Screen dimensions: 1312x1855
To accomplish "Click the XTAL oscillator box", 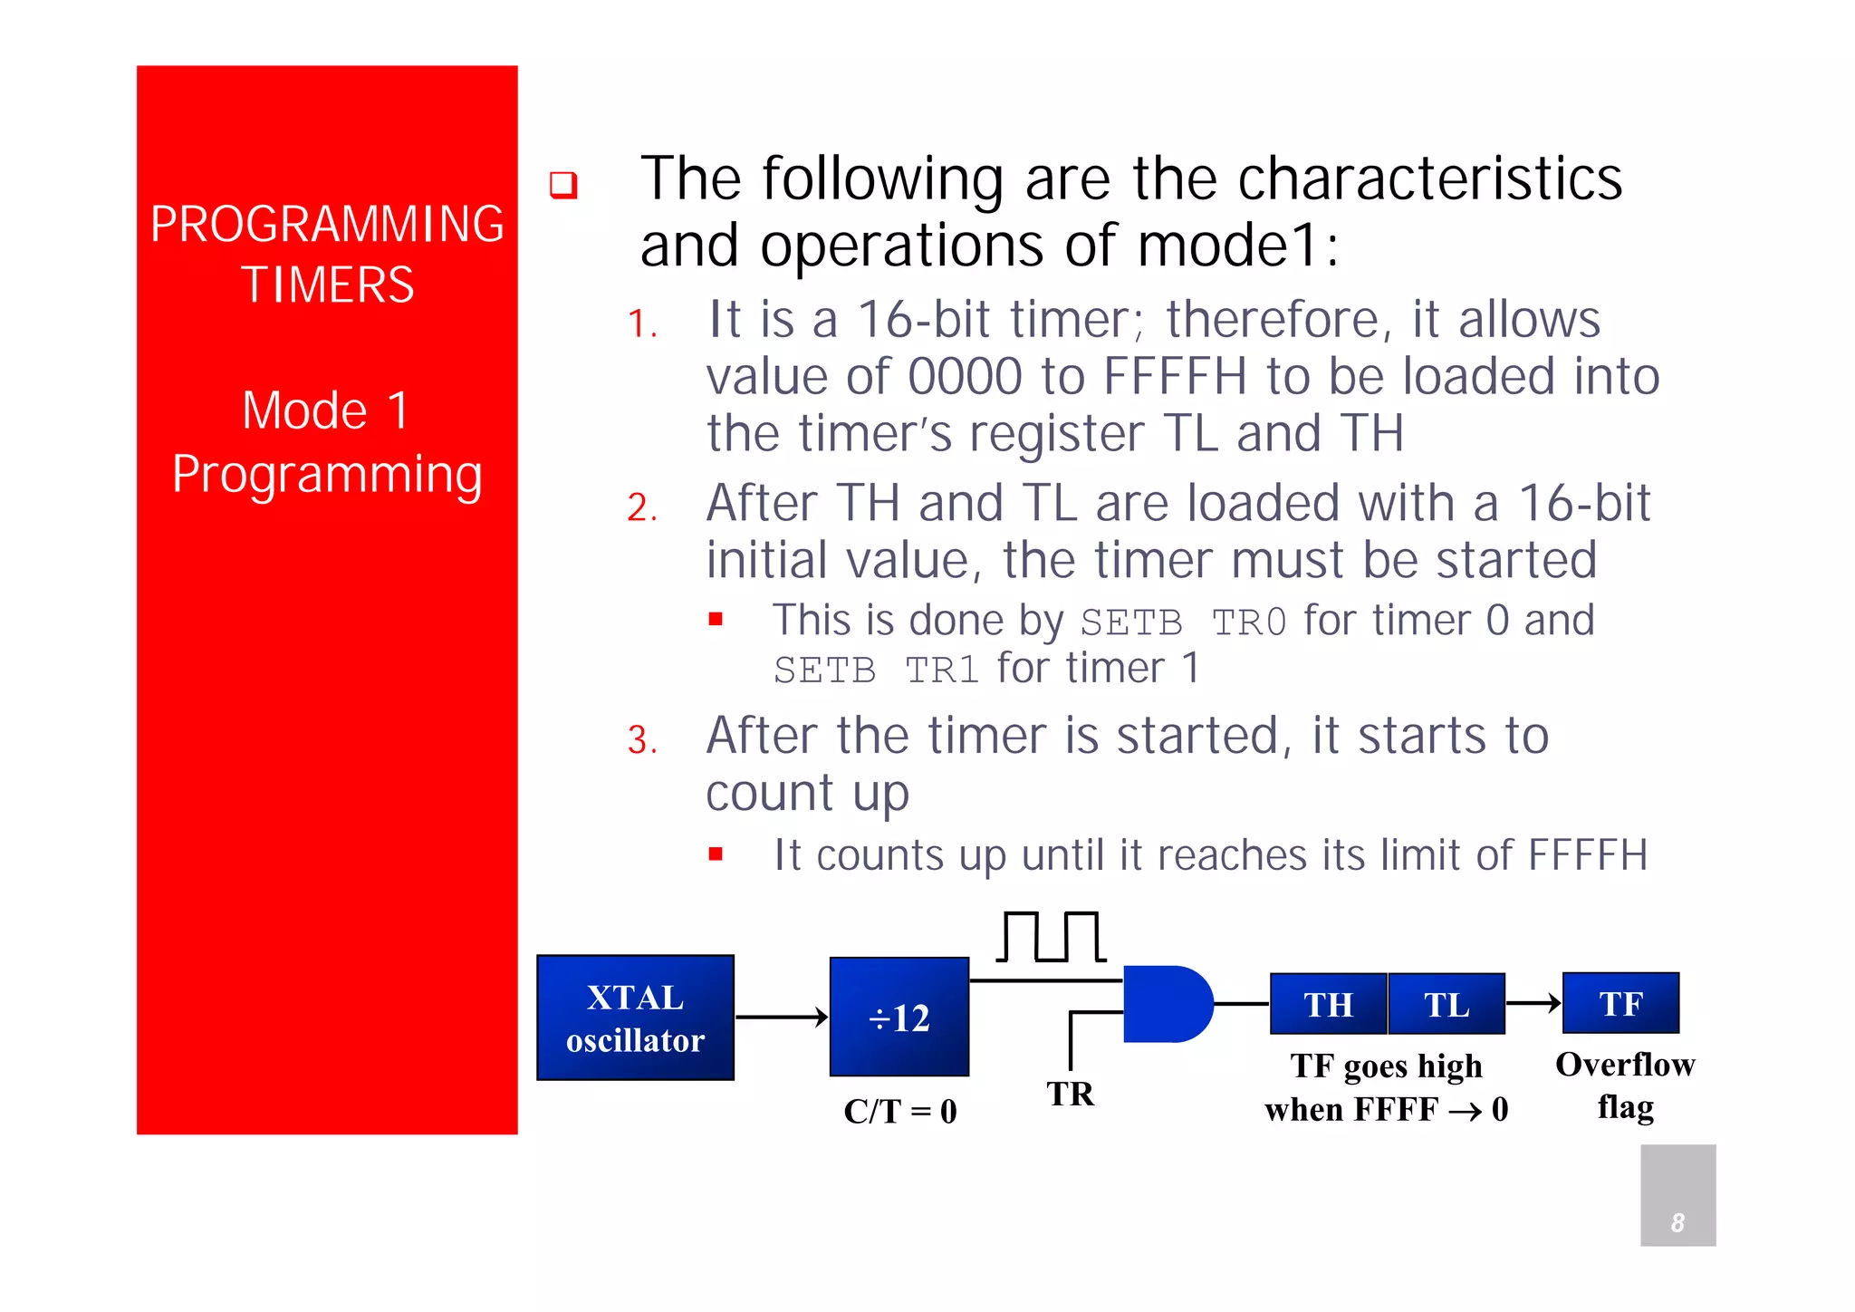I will pyautogui.click(x=635, y=1018).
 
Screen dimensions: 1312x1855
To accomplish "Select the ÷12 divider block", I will pyautogui.click(x=899, y=1017).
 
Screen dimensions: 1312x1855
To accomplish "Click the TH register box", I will pyautogui.click(x=1328, y=1004).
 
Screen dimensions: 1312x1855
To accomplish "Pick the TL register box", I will pyautogui.click(x=1447, y=1004).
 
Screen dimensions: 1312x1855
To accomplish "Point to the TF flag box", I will pyautogui.click(x=1620, y=1003).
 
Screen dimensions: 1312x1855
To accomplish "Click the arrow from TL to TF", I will pyautogui.click(x=1533, y=1003).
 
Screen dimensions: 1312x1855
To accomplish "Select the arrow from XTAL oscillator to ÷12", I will pyautogui.click(x=782, y=1018).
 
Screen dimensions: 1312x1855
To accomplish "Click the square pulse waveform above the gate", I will pyautogui.click(x=1051, y=937).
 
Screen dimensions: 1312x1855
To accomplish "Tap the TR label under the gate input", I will pyautogui.click(x=1071, y=1094).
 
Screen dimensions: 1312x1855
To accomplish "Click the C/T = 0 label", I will pyautogui.click(x=899, y=1111).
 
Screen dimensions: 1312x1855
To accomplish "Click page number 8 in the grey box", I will pyautogui.click(x=1677, y=1222).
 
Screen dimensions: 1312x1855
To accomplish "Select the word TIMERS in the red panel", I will pyautogui.click(x=327, y=285).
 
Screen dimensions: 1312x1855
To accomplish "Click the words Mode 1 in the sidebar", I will pyautogui.click(x=327, y=410).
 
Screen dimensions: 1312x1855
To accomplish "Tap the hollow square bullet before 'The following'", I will pyautogui.click(x=563, y=185).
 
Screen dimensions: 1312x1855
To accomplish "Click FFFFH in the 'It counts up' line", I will pyautogui.click(x=1587, y=854).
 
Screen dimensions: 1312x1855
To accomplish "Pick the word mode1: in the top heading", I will pyautogui.click(x=1237, y=246).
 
